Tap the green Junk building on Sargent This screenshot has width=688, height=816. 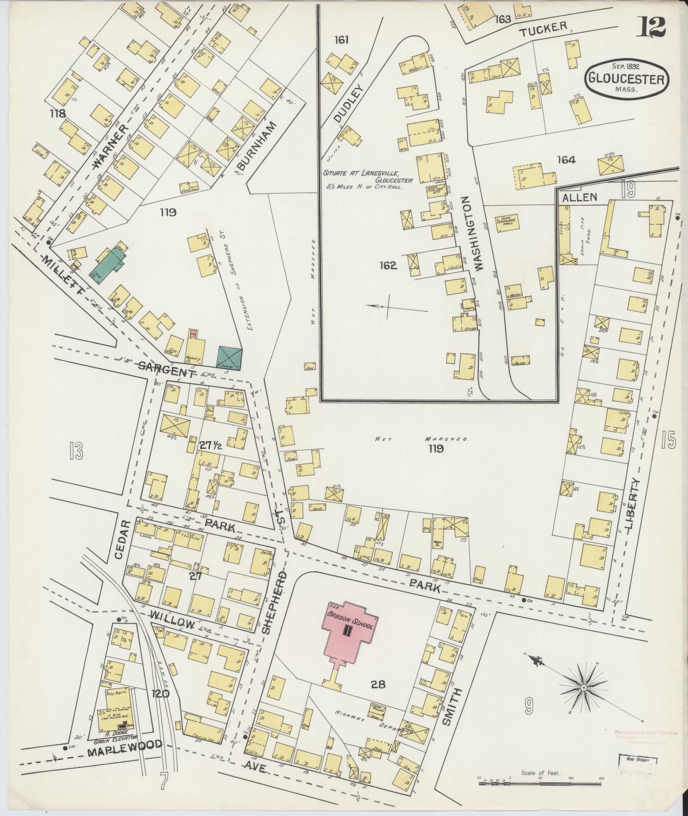point(230,357)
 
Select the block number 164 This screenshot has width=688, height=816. point(566,160)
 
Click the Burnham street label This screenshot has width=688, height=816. point(255,145)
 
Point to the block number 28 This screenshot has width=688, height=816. point(378,685)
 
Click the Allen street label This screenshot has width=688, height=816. point(579,197)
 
